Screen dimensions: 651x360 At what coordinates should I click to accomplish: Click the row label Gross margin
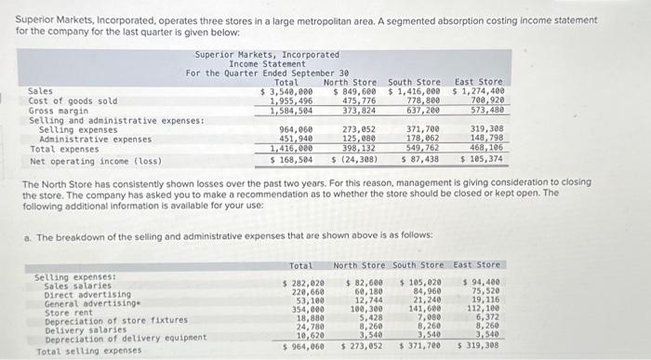tap(59, 111)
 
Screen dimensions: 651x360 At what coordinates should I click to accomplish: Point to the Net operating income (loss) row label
tap(96, 159)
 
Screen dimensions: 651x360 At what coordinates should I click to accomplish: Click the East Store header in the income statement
tap(479, 82)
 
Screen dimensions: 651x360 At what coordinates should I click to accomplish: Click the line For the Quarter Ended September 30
tap(267, 73)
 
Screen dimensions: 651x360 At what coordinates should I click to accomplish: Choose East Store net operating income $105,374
tap(481, 159)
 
